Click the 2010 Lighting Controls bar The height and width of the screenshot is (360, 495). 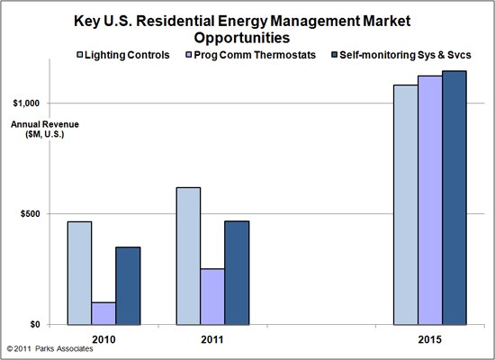(79, 273)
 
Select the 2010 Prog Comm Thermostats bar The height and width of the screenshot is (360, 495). (103, 313)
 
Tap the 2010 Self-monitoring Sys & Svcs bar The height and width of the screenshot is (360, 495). (128, 285)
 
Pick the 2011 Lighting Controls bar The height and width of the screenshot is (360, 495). (188, 256)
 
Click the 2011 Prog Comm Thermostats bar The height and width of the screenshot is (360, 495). (212, 296)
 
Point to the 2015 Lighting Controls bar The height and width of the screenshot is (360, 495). (405, 204)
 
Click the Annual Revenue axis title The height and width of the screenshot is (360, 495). (32, 130)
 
